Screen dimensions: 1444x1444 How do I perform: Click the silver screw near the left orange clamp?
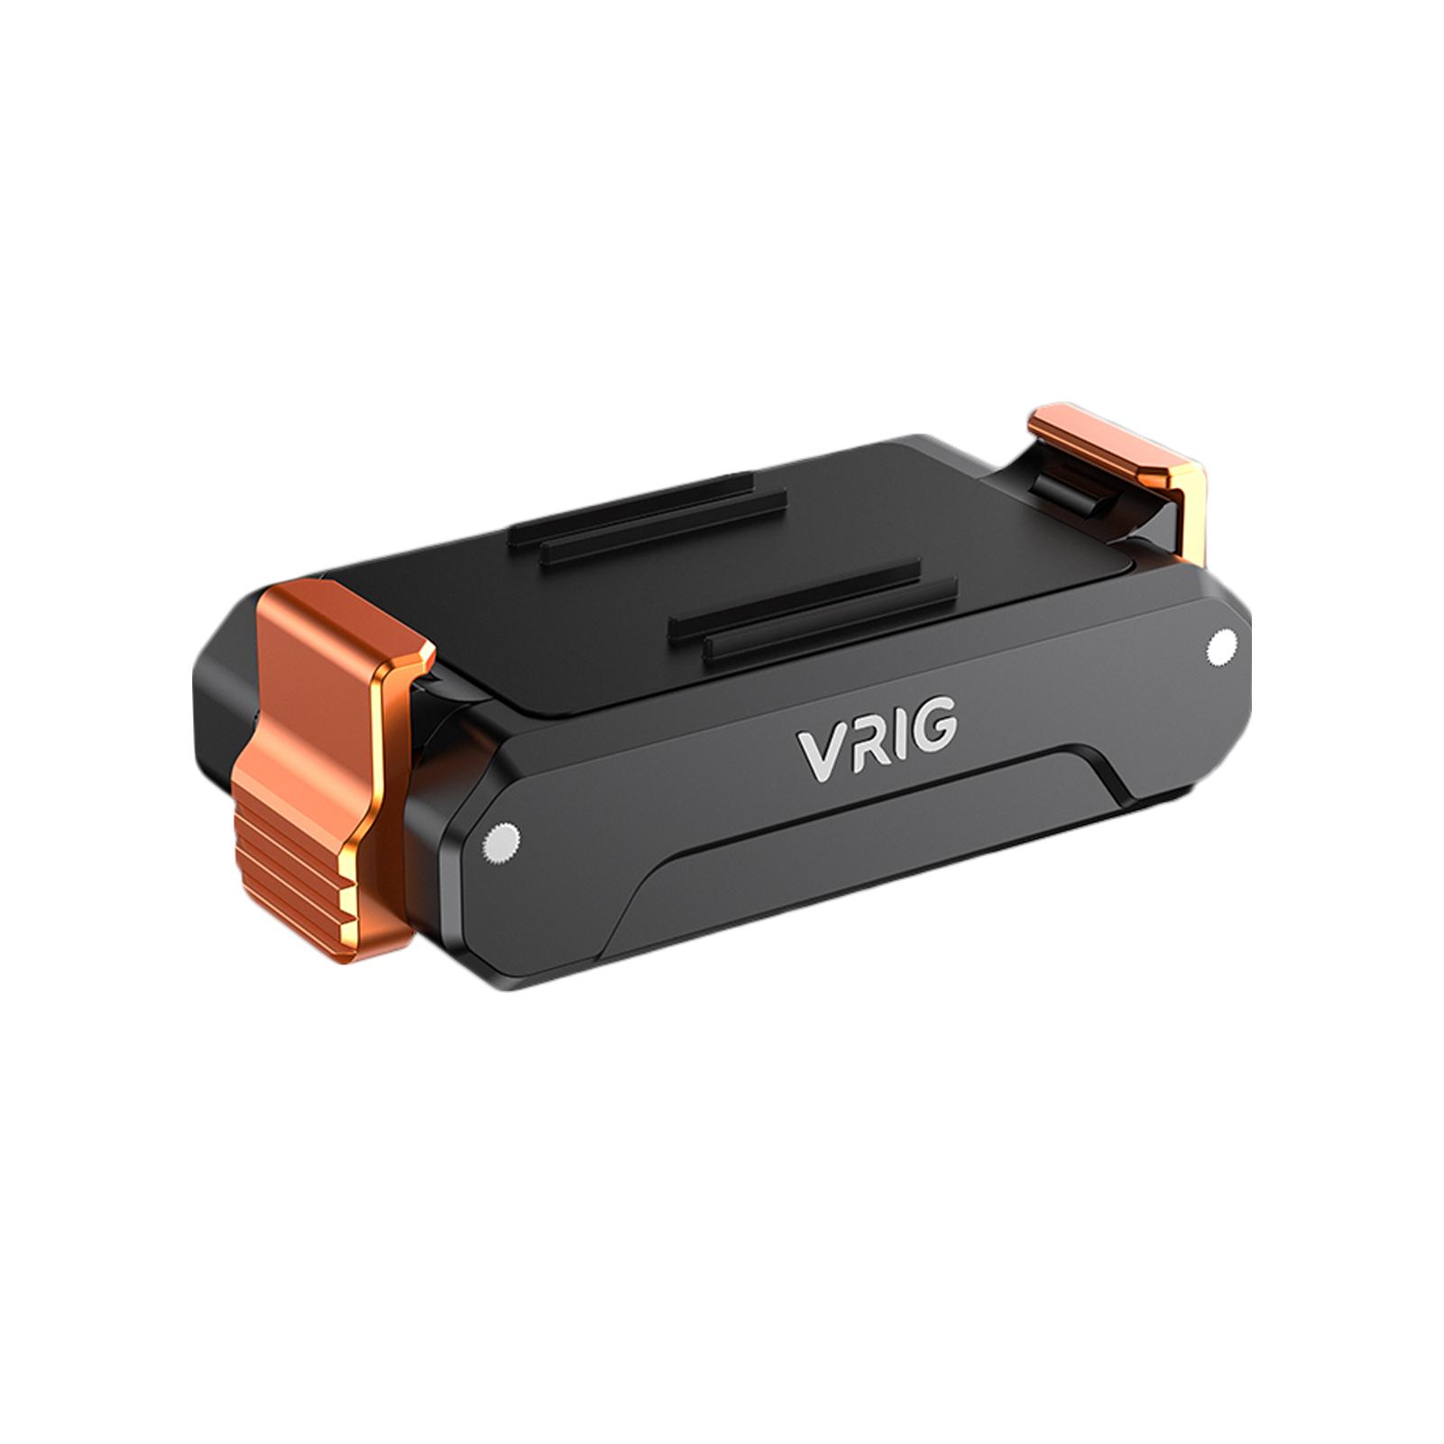coord(499,844)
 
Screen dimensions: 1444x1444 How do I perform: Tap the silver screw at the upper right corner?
coord(1222,646)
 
